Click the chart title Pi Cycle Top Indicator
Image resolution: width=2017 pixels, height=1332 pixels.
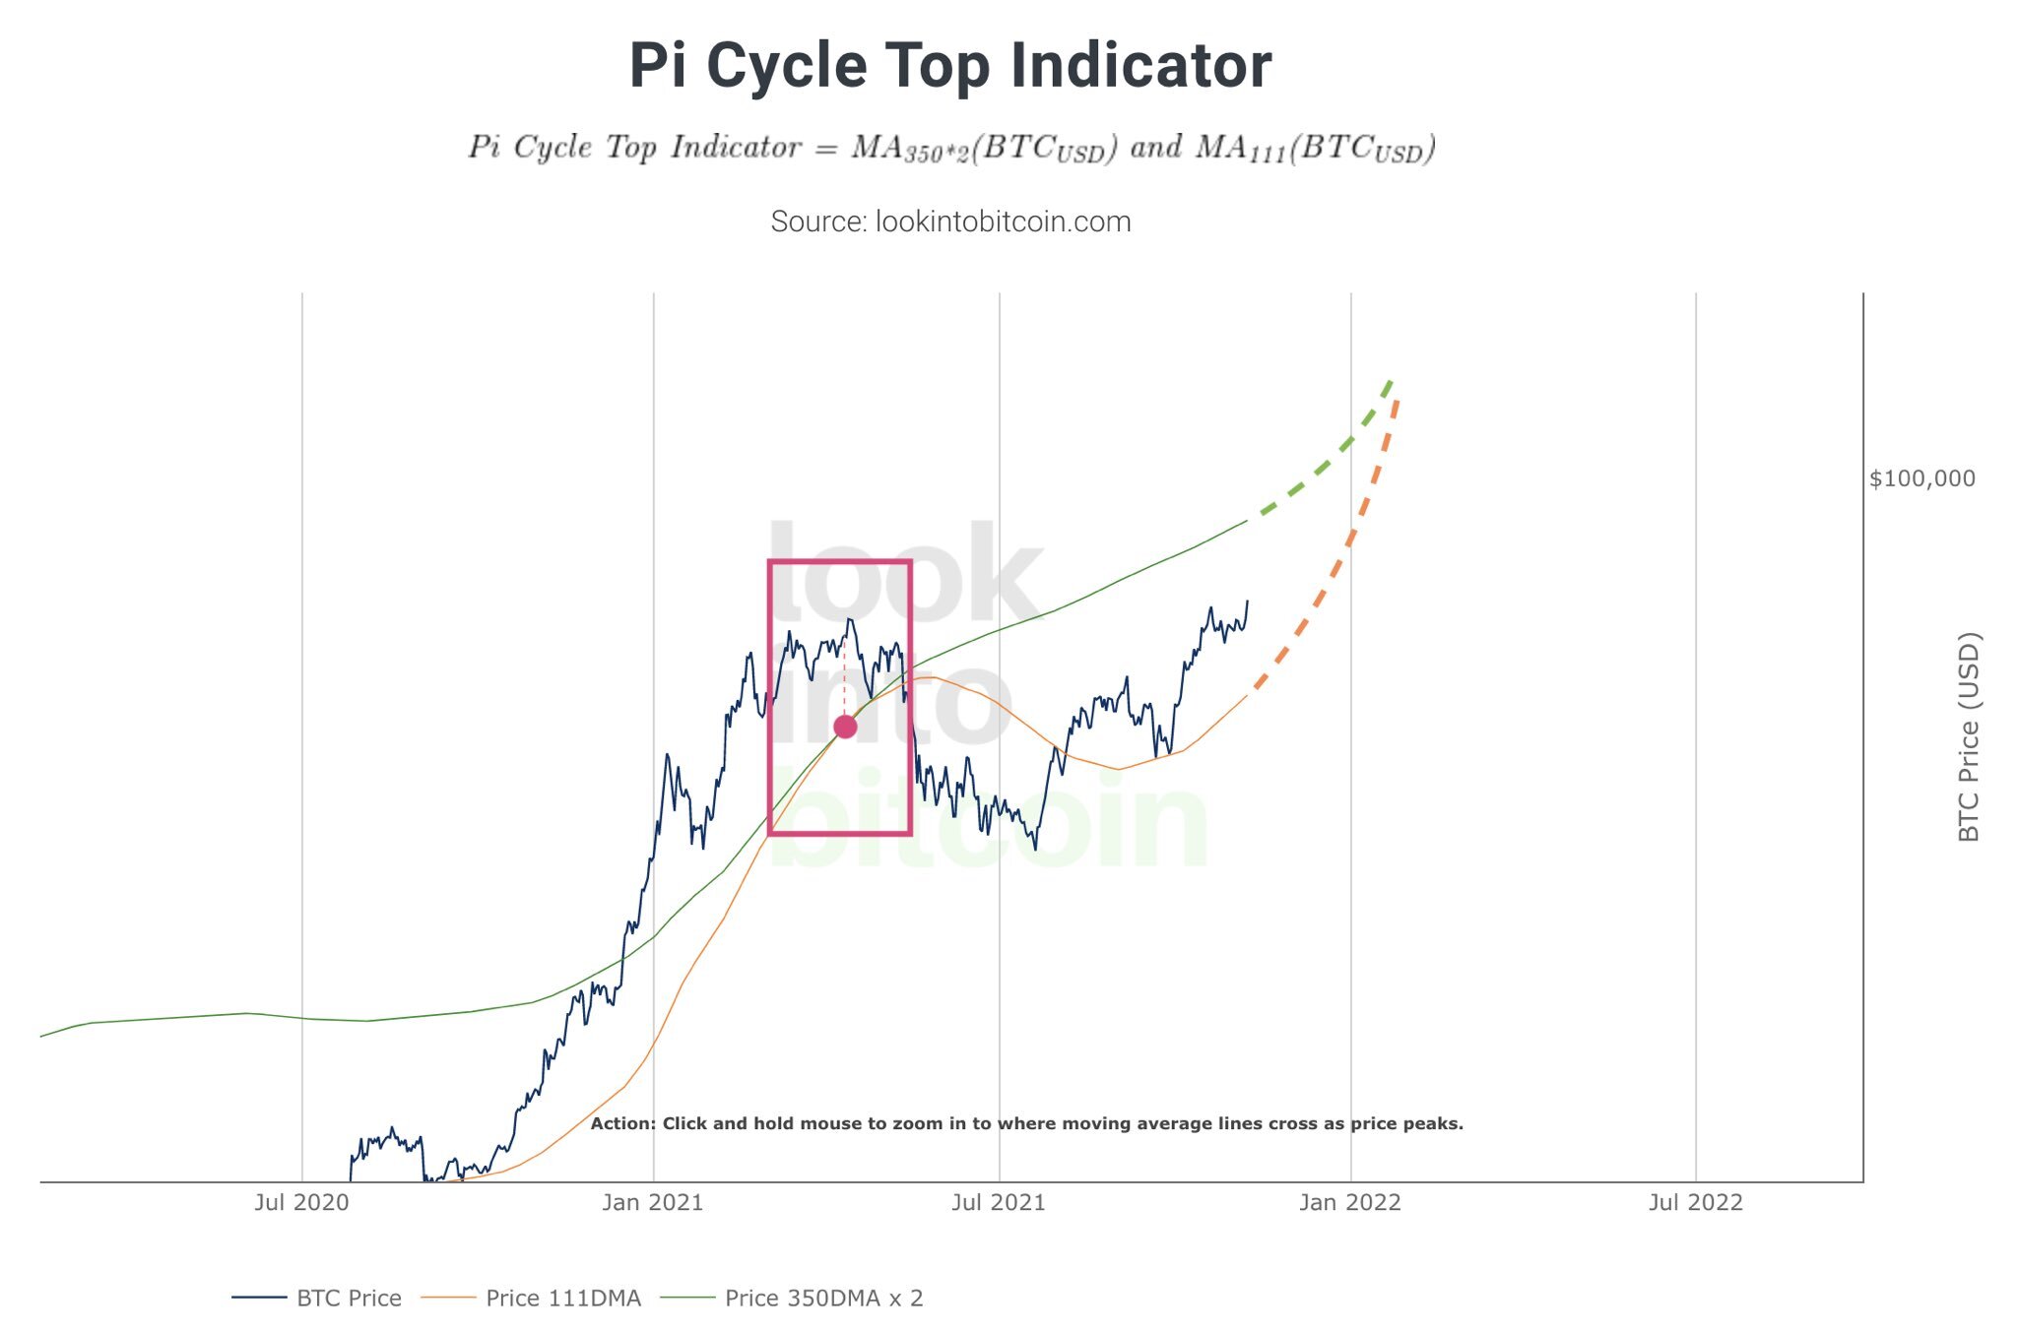(950, 66)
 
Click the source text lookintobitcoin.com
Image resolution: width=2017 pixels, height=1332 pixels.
(950, 222)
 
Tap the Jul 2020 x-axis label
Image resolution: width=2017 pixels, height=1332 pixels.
(301, 1202)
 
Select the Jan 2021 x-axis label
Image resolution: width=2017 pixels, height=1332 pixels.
(653, 1202)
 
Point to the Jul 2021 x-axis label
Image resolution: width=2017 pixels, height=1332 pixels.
(999, 1202)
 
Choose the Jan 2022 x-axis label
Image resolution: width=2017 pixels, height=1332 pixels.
(1349, 1202)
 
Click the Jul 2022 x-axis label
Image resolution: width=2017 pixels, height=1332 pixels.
(1695, 1202)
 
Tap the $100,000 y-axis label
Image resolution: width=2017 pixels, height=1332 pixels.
(1921, 479)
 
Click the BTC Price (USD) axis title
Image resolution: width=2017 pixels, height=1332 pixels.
(1968, 737)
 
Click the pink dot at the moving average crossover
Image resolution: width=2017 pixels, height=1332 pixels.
(845, 728)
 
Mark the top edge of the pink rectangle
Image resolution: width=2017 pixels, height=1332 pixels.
(840, 562)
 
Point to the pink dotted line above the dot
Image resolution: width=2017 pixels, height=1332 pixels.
(845, 679)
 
